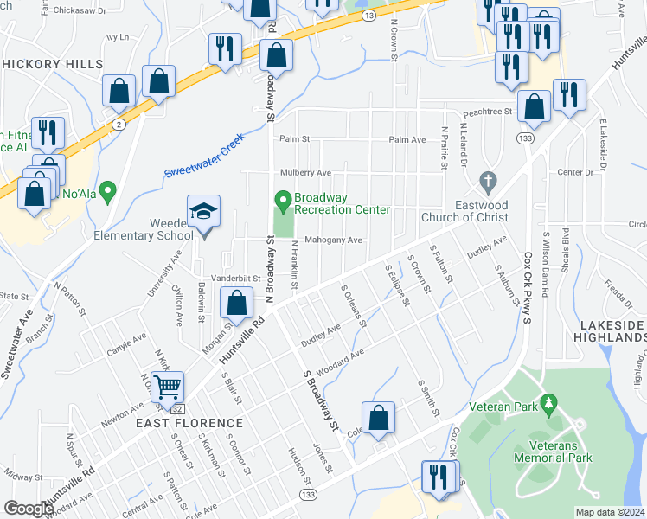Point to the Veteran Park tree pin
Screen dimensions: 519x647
(x=547, y=404)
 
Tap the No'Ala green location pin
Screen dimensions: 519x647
(x=107, y=190)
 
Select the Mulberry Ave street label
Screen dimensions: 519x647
(x=305, y=173)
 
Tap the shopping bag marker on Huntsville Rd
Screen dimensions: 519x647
(x=236, y=304)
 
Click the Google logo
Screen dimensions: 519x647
(x=29, y=509)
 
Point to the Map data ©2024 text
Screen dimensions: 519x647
(x=610, y=512)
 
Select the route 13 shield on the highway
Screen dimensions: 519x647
(x=369, y=16)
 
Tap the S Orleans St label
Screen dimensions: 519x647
(x=355, y=307)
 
